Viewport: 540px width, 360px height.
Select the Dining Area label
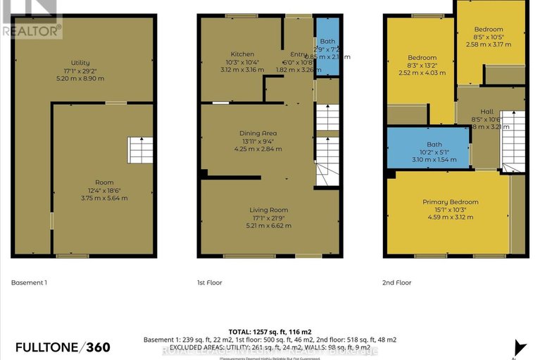click(x=257, y=133)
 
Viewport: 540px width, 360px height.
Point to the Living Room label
click(x=268, y=210)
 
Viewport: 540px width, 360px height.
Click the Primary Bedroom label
click(x=450, y=202)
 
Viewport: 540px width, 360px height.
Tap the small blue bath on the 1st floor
click(x=327, y=47)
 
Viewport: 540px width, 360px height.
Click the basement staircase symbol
click(x=139, y=150)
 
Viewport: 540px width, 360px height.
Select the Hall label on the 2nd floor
click(x=487, y=111)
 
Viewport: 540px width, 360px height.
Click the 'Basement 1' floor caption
click(x=29, y=283)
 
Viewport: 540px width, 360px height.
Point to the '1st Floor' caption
click(x=209, y=283)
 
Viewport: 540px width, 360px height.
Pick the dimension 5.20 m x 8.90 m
click(x=80, y=78)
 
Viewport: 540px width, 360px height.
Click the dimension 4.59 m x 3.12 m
click(x=450, y=217)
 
